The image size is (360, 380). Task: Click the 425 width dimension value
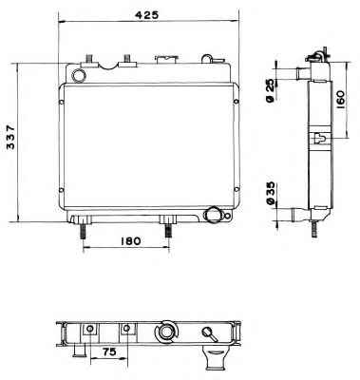tap(146, 15)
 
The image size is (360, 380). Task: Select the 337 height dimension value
tap(10, 137)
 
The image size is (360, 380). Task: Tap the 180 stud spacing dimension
tap(130, 241)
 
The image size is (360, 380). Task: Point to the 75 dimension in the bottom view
tap(109, 351)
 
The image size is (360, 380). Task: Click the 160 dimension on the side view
tap(340, 100)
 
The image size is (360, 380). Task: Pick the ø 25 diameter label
tap(270, 90)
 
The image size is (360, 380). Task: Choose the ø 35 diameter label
tap(270, 195)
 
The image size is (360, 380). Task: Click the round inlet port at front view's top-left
tap(78, 75)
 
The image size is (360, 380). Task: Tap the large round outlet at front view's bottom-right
tap(212, 216)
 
